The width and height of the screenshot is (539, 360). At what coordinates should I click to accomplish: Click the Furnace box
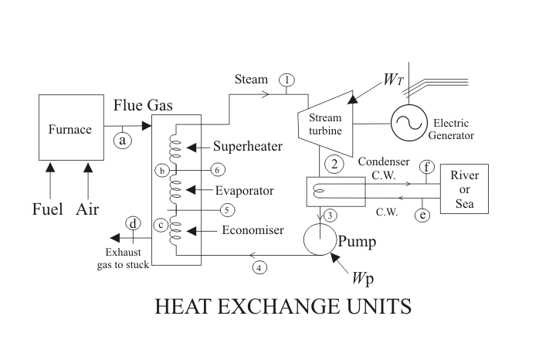click(70, 127)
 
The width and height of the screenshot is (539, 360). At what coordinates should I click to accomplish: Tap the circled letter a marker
click(122, 140)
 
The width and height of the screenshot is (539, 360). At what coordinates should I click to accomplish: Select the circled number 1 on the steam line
click(287, 80)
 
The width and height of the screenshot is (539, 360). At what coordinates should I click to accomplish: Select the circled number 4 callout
click(260, 267)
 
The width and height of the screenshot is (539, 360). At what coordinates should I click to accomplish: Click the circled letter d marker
click(133, 225)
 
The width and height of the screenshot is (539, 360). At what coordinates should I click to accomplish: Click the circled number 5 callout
click(226, 209)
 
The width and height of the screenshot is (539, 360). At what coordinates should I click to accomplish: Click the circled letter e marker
click(422, 216)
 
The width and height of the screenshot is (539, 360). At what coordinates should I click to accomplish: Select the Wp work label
click(365, 277)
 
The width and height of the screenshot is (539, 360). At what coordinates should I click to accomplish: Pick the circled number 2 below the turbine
click(335, 164)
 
